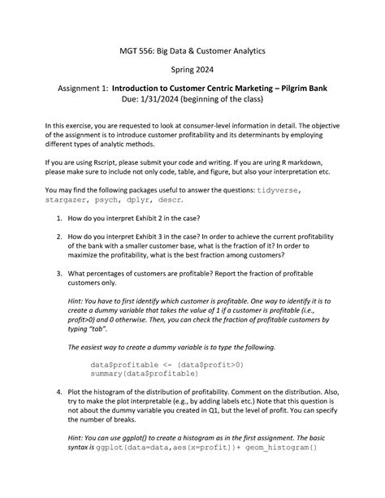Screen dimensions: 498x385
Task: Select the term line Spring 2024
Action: (x=192, y=71)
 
